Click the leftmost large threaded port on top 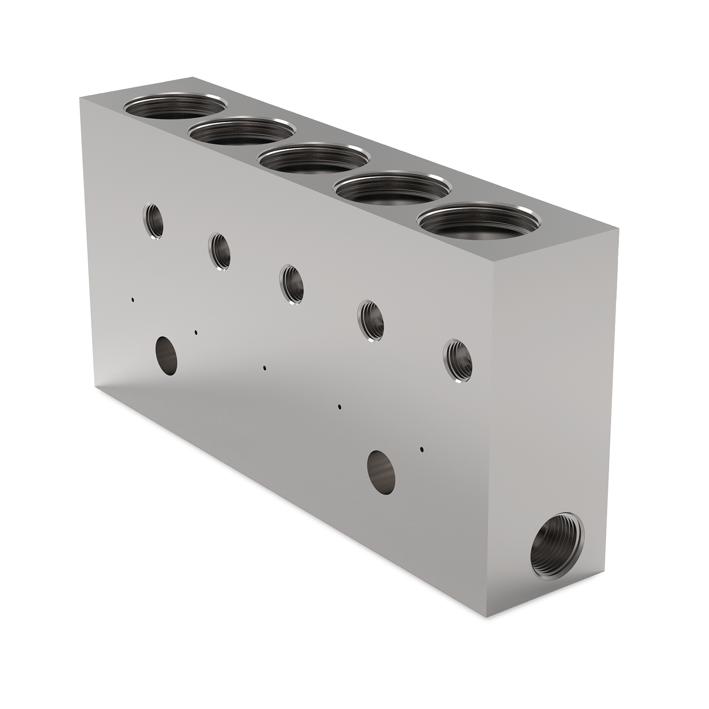pos(175,108)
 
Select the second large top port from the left pos(242,132)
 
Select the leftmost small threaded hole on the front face pos(153,221)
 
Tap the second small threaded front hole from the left pos(220,251)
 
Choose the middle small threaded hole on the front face pos(292,284)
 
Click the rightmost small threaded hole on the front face pos(458,360)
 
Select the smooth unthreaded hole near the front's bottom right pos(382,473)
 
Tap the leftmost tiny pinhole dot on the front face pos(132,300)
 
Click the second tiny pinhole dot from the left pos(196,332)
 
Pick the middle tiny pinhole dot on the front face pos(265,367)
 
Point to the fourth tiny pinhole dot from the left pos(339,406)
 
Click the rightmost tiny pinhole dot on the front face pos(422,449)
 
